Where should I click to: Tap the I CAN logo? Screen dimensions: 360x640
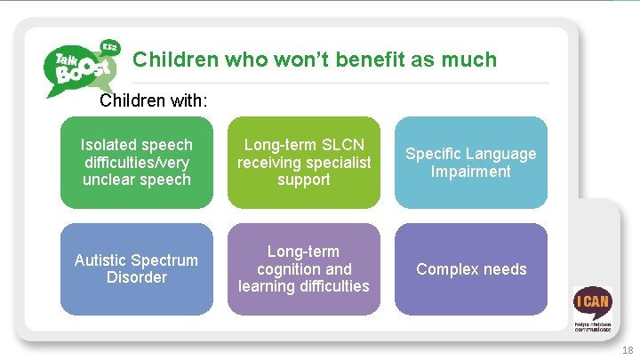591,306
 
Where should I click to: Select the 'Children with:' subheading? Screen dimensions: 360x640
154,100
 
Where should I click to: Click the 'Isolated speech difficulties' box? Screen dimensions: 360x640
136,162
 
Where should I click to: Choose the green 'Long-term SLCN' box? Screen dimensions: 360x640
303,162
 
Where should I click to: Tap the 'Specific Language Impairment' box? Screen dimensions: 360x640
471,162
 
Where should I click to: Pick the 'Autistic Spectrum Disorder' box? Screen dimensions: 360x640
136,268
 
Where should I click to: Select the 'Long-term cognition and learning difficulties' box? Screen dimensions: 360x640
303,268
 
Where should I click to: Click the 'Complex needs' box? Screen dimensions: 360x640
471,268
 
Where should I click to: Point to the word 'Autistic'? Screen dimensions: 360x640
101,260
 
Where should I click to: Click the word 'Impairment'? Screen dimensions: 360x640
471,171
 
